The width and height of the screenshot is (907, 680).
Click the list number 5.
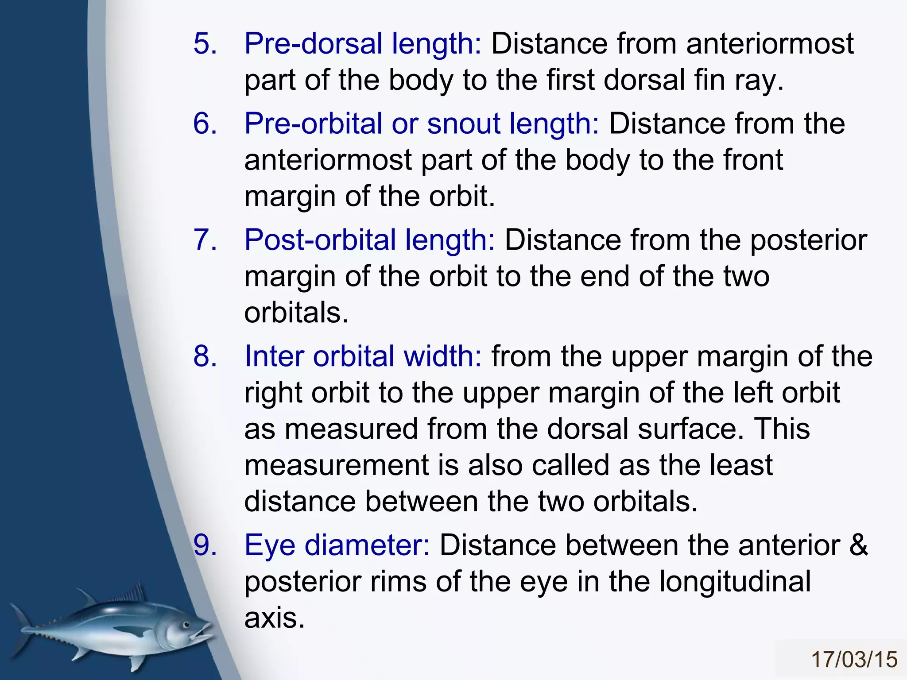(x=205, y=44)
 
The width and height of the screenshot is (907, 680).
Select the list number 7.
(x=205, y=240)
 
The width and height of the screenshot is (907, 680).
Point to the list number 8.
(x=205, y=356)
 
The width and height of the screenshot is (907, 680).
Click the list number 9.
(x=205, y=545)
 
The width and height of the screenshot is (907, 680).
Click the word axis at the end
(x=274, y=618)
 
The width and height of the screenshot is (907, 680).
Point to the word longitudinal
(x=735, y=581)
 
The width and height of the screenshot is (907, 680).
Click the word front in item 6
(x=753, y=160)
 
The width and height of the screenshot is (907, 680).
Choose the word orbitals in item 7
(x=296, y=313)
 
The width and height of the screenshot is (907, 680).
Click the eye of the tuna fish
(x=186, y=626)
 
